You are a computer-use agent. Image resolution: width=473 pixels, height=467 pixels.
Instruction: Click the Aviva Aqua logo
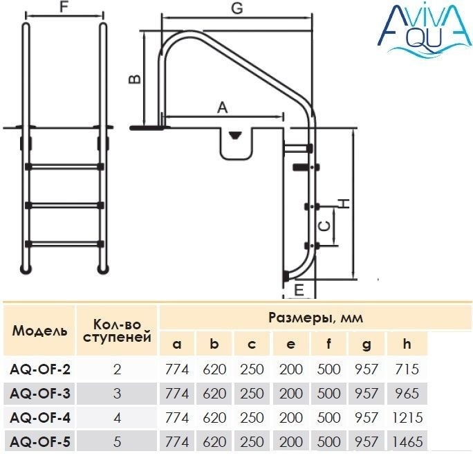[424, 30]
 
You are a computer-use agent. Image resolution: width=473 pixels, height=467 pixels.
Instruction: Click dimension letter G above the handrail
[237, 8]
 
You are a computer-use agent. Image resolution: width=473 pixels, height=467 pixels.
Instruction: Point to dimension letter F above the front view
[64, 7]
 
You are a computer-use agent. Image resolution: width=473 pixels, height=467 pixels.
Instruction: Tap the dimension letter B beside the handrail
[135, 79]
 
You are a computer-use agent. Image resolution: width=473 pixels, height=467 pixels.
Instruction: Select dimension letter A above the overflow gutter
[222, 108]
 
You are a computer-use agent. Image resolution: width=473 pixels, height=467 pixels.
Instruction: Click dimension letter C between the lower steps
[325, 226]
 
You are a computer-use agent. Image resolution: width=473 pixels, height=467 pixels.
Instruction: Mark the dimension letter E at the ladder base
[299, 290]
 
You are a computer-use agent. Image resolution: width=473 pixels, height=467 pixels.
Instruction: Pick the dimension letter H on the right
[344, 203]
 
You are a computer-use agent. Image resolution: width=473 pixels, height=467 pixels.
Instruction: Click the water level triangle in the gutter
[235, 135]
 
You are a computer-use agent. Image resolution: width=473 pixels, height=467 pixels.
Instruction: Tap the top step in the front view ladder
[64, 167]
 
